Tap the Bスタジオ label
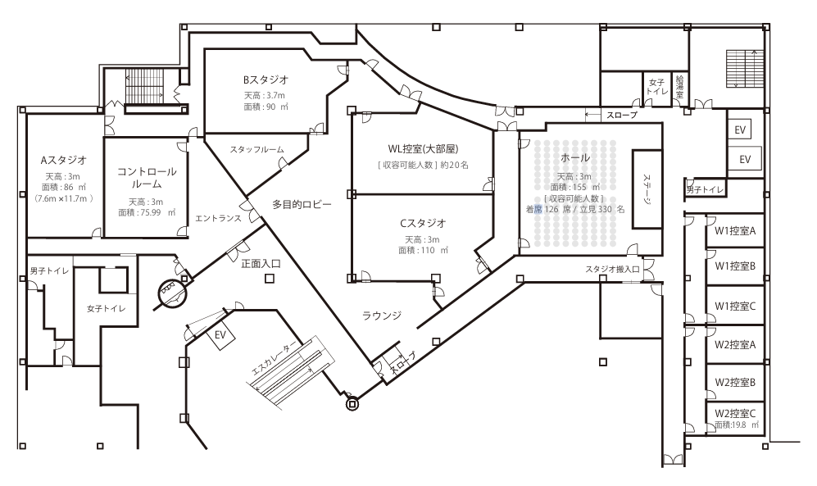266,80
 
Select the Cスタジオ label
423,223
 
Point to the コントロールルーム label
146,178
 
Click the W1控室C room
734,306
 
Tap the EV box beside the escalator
220,335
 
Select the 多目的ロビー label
302,205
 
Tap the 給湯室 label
679,88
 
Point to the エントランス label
216,218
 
